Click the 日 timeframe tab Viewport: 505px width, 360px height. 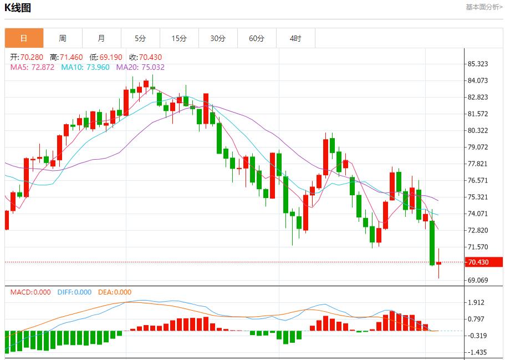tap(24, 38)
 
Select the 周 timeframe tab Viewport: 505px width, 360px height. tap(63, 38)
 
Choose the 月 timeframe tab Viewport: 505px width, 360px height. tap(101, 38)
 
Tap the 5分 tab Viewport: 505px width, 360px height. tap(140, 38)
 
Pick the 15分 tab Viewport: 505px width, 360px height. tap(179, 38)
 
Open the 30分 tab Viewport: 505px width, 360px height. tap(218, 38)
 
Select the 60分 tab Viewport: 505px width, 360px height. tap(257, 38)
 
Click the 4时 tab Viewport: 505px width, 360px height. tap(295, 38)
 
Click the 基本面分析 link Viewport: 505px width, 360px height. tap(484, 7)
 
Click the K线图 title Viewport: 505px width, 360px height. tap(18, 8)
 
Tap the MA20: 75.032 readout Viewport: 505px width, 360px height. tap(140, 67)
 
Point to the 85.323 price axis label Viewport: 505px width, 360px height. tap(478, 64)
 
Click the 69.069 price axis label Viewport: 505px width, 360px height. tap(478, 280)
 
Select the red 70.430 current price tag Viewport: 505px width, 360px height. tap(477, 262)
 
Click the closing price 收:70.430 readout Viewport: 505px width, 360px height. tap(145, 58)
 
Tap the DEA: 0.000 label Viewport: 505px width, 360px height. tap(115, 292)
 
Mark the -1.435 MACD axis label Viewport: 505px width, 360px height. tap(477, 352)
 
